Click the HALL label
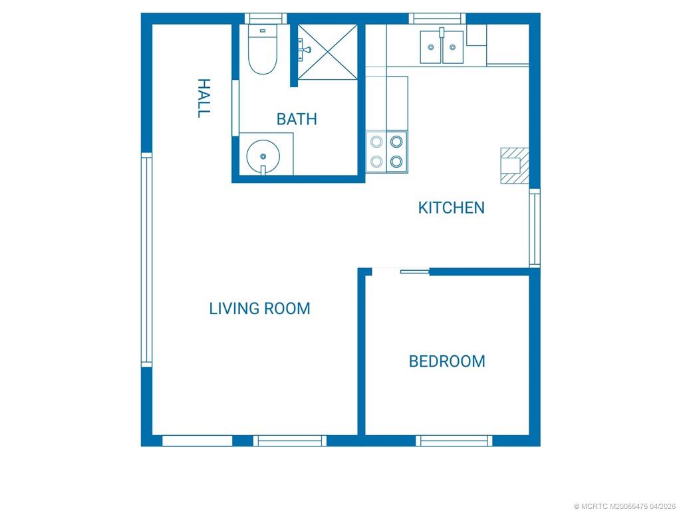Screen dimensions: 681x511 click(x=204, y=98)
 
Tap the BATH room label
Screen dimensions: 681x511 click(x=297, y=119)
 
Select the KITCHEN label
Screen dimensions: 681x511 click(x=452, y=208)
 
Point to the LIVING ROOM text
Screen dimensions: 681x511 click(x=260, y=309)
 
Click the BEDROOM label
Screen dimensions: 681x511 click(x=447, y=361)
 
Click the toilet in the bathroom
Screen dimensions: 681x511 click(x=262, y=49)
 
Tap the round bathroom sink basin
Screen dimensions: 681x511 click(x=263, y=156)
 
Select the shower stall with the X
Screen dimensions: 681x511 click(x=327, y=52)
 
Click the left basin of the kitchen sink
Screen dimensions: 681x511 click(x=431, y=47)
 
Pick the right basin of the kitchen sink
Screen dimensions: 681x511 click(x=452, y=47)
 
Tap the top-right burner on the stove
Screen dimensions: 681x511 click(x=396, y=142)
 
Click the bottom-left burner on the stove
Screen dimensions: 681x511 click(x=376, y=162)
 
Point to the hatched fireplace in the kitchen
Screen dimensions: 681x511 click(x=515, y=166)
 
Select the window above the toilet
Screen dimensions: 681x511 click(x=266, y=19)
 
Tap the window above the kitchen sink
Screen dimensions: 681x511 click(x=437, y=19)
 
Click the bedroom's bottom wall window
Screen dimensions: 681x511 click(x=454, y=440)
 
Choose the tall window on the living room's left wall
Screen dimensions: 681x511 click(x=147, y=260)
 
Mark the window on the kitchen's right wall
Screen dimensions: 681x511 click(x=535, y=228)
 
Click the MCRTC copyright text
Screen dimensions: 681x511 click(x=624, y=506)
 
